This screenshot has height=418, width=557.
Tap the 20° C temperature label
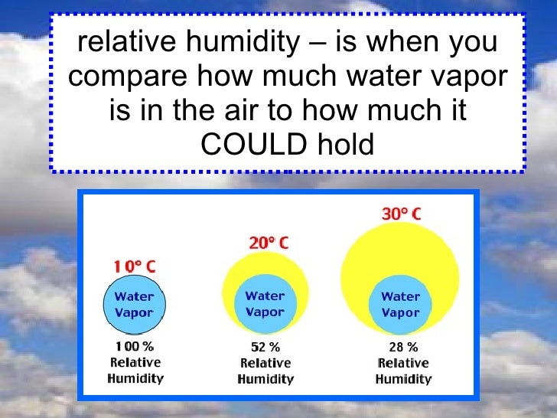pos(269,243)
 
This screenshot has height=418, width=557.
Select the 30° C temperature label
pos(401,214)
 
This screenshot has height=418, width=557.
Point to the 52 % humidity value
pos(265,348)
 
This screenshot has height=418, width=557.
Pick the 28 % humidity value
pos(401,348)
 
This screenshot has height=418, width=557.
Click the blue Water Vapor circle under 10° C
pos(134,305)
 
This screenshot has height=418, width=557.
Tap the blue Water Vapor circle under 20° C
pos(265,304)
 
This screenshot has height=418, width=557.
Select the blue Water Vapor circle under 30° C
pos(400,304)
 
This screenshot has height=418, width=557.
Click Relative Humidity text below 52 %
pos(265,371)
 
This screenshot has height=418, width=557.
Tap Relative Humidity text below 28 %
pos(403,371)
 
